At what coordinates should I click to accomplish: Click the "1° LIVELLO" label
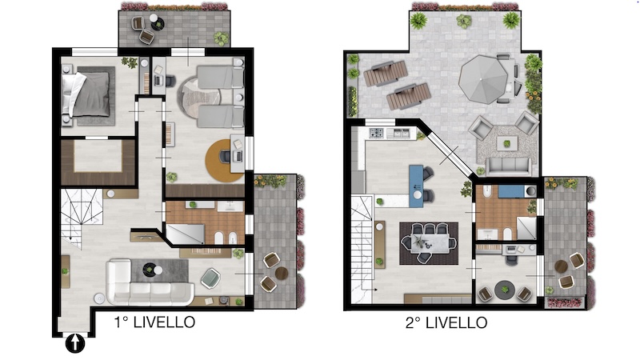(x=154, y=322)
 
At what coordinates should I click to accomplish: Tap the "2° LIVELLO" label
(x=446, y=323)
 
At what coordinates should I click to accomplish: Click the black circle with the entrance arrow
(x=75, y=343)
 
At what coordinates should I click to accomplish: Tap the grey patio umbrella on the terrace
(x=483, y=78)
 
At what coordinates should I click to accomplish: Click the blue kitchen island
(x=416, y=182)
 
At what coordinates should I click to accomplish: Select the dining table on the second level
(x=429, y=243)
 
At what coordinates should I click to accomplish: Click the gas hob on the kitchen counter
(x=376, y=133)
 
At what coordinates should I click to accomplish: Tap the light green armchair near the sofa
(x=210, y=278)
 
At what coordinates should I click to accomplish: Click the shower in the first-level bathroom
(x=185, y=234)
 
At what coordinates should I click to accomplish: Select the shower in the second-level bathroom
(x=526, y=228)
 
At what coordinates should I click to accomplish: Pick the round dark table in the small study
(x=505, y=290)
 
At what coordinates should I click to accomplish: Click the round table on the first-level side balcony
(x=282, y=273)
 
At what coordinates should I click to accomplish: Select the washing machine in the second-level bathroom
(x=530, y=190)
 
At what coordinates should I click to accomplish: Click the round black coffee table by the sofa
(x=149, y=269)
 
